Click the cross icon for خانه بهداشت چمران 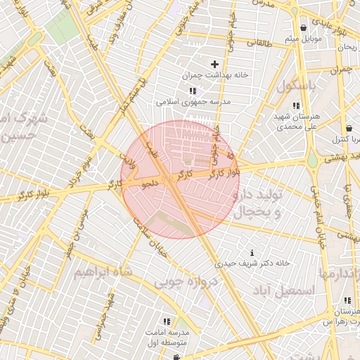click(214, 65)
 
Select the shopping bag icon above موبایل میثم click(303, 28)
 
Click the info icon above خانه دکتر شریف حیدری click(252, 252)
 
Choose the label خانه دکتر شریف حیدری click(252, 263)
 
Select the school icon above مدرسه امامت click(167, 321)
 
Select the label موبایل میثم click(303, 38)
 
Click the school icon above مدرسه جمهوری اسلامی click(193, 91)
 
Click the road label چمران click(340, 70)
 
